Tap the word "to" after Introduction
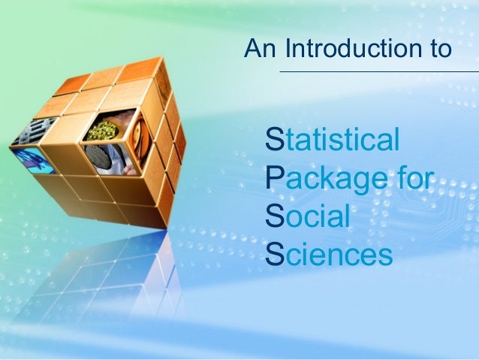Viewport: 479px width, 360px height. (x=438, y=50)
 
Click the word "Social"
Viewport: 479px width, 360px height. (x=309, y=216)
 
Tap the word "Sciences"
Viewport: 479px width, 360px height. (x=330, y=255)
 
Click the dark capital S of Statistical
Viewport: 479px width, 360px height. (x=274, y=141)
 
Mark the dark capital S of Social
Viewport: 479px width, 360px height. (x=274, y=216)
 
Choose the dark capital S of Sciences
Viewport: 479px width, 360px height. (x=274, y=255)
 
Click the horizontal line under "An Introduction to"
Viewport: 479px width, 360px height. (x=378, y=72)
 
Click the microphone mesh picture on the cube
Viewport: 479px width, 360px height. (x=98, y=156)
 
